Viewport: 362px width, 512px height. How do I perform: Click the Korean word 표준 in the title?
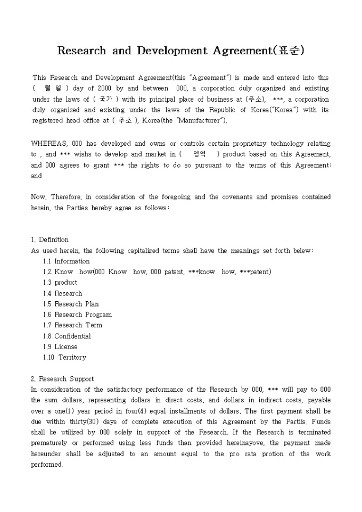click(x=289, y=51)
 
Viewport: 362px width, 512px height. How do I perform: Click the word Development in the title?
click(x=171, y=51)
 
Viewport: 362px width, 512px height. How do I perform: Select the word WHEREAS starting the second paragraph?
click(x=48, y=144)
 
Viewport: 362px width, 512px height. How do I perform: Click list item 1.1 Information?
click(x=67, y=261)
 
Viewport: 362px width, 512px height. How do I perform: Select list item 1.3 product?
click(x=60, y=283)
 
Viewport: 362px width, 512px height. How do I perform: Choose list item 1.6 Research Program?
click(x=77, y=315)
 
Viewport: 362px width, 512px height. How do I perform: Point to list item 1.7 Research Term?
click(x=72, y=325)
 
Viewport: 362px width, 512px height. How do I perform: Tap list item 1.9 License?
click(x=60, y=346)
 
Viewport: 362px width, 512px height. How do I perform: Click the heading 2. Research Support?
click(x=62, y=379)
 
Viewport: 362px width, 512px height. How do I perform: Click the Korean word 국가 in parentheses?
click(x=106, y=99)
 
